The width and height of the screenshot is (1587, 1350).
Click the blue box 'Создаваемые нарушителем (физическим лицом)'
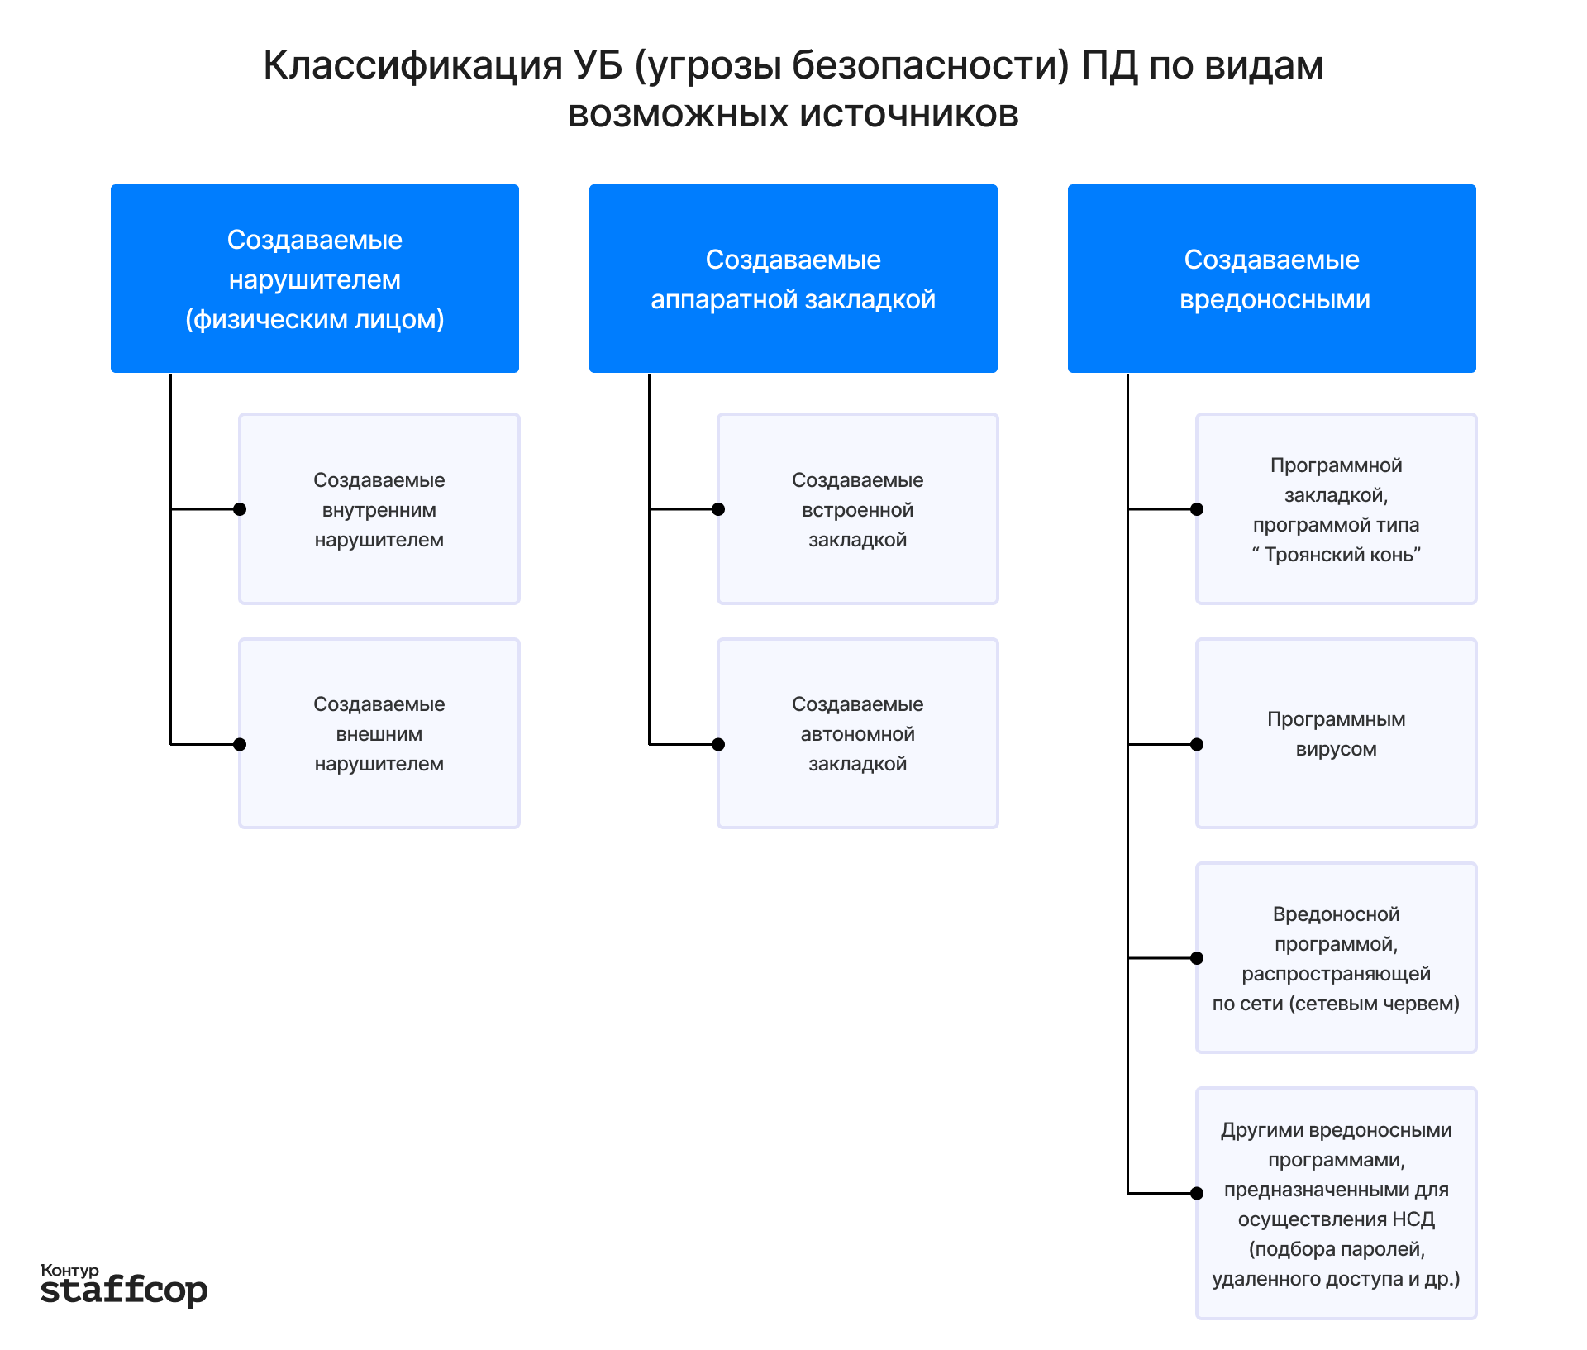[x=314, y=279]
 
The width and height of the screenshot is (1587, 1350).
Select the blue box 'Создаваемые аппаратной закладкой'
[x=793, y=279]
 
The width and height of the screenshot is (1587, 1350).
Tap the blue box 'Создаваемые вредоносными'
[x=1271, y=279]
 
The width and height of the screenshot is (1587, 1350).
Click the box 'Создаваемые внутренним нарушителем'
[x=379, y=509]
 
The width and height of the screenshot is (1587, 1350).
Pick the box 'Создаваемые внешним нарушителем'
[x=379, y=733]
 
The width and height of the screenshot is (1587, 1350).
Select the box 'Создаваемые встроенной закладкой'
[x=857, y=509]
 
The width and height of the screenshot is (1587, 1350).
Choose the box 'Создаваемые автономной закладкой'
[x=857, y=733]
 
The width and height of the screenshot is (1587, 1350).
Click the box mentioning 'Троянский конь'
[x=1336, y=509]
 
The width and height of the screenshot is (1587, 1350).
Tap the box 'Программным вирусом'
[x=1336, y=733]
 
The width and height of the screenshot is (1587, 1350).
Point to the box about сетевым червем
[x=1336, y=958]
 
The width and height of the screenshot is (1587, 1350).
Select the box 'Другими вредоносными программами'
[x=1336, y=1203]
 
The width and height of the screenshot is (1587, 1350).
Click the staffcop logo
[x=124, y=1290]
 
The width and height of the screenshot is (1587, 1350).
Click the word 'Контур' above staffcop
[x=69, y=1270]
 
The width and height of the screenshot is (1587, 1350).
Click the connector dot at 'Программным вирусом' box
[x=1197, y=745]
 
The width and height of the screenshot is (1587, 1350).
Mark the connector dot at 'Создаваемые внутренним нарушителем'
[x=240, y=509]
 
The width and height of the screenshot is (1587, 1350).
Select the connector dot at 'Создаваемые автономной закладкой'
[x=718, y=745]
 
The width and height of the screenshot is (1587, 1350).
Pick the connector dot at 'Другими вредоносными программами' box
[x=1197, y=1193]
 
